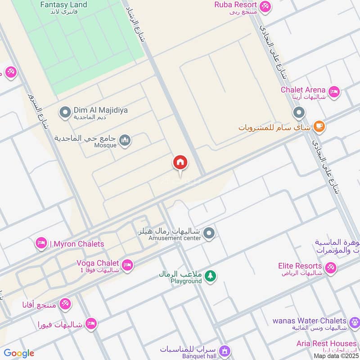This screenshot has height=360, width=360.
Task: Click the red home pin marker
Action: [x=180, y=163]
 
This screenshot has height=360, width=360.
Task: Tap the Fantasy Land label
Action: [x=63, y=5]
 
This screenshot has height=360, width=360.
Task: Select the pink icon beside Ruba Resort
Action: [x=265, y=6]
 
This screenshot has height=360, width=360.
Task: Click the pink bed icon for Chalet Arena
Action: [x=333, y=92]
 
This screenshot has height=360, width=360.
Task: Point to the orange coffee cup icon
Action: [x=319, y=126]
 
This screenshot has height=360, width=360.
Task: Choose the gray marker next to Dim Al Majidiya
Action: [x=65, y=111]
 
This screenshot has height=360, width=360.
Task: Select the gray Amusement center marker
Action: [x=208, y=234]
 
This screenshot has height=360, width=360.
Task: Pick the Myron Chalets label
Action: [x=77, y=244]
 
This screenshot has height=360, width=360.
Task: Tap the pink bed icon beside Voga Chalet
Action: [x=127, y=265]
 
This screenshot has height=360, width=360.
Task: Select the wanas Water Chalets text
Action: [x=309, y=321]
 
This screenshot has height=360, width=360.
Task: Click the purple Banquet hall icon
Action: [x=225, y=351]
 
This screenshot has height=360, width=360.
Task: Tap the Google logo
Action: [x=19, y=353]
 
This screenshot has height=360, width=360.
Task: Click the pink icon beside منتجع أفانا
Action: [x=65, y=304]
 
